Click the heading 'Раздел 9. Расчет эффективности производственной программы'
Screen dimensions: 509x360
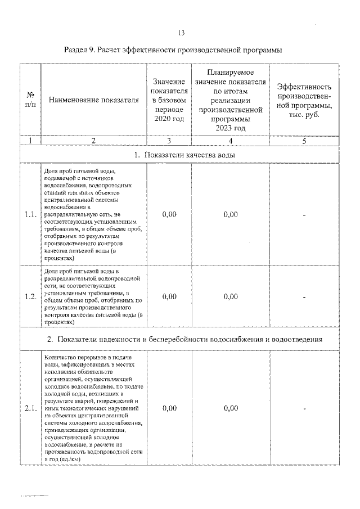pos(180,50)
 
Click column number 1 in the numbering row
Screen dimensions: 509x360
pos(30,141)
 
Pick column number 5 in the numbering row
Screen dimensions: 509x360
pos(304,141)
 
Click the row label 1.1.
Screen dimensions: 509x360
pos(30,214)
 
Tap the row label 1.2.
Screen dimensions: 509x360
pos(30,297)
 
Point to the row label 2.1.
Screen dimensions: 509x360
pos(30,408)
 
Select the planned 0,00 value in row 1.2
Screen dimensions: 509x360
pos(230,297)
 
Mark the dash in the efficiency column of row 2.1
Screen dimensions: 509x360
pos(304,408)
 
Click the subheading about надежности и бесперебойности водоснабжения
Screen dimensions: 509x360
pos(184,340)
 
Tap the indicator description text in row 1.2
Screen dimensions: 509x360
pos(93,297)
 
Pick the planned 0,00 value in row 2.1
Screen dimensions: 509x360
pos(230,408)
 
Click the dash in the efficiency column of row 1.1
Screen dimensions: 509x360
pos(304,214)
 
